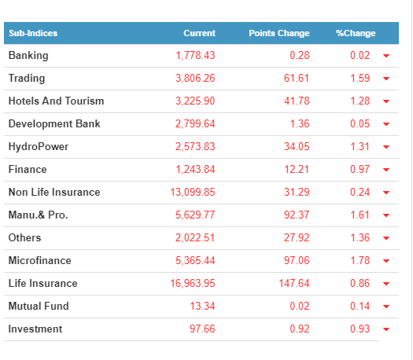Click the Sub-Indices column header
(x=33, y=33)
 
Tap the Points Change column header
(x=279, y=33)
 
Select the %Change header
(x=356, y=33)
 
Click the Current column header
(x=199, y=33)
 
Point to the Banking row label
(x=28, y=56)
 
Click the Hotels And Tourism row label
(x=57, y=101)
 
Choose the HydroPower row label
(x=39, y=147)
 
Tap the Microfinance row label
(x=40, y=260)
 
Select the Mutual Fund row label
(x=39, y=306)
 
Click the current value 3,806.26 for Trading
(x=195, y=78)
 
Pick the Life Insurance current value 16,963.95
(x=193, y=284)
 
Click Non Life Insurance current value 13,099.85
(x=193, y=192)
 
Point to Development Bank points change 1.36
(x=300, y=123)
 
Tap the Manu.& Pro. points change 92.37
(x=297, y=215)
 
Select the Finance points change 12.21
(x=297, y=170)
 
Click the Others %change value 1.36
(x=360, y=238)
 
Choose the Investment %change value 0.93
(x=360, y=329)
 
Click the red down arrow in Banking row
(x=386, y=56)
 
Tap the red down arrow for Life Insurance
(x=386, y=284)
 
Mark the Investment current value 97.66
(x=202, y=329)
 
